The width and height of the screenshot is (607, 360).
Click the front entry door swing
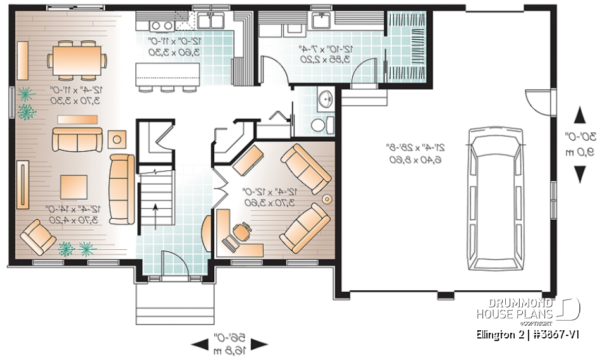tap(171, 261)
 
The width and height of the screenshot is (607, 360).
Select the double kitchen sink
tap(209, 20)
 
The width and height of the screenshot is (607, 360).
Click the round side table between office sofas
tap(328, 198)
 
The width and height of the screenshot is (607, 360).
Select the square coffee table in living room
tap(75, 187)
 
